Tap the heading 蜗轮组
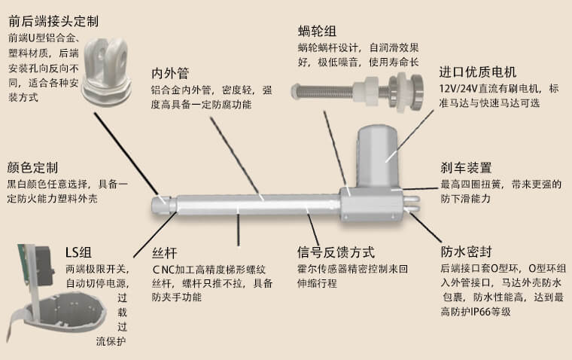(x=317, y=31)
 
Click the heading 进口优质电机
(x=478, y=72)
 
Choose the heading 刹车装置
(x=466, y=167)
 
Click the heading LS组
(x=79, y=252)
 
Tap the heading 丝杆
(x=164, y=252)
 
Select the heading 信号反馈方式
(x=336, y=252)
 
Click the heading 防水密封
(x=466, y=252)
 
